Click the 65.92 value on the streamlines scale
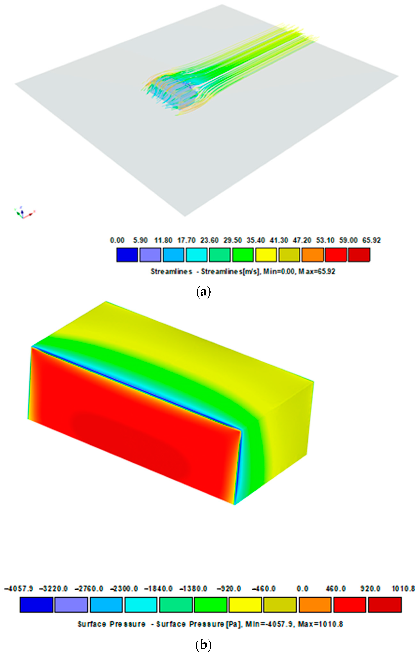pos(371,240)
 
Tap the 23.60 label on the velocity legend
pos(209,240)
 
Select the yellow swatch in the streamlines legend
pos(266,254)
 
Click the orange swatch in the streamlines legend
pos(312,254)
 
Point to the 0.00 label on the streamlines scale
pos(117,240)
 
